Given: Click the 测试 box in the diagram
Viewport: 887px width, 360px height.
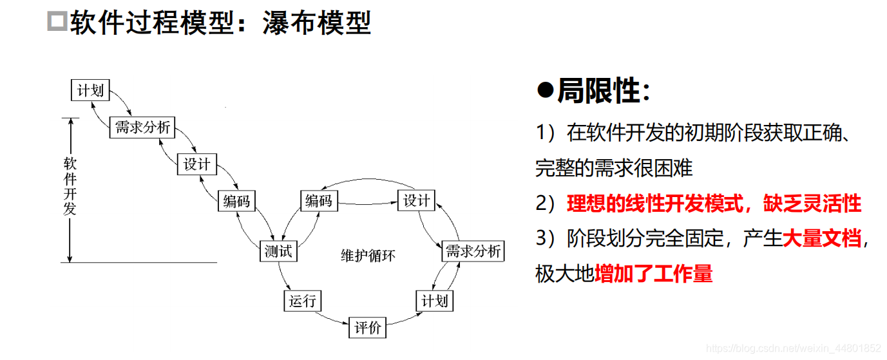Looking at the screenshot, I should tap(278, 251).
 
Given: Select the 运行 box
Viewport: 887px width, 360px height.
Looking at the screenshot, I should tap(302, 300).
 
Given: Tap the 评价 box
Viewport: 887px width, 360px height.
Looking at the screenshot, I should tap(368, 328).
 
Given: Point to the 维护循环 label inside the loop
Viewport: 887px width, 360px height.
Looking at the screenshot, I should tap(368, 256).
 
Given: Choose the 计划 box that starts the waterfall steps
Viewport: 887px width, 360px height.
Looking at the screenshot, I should tap(90, 90).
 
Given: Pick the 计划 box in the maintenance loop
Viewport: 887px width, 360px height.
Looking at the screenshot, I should tap(434, 300).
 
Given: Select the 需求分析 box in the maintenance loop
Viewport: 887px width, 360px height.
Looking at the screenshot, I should tap(473, 251).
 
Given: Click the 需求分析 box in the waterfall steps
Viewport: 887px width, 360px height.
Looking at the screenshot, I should tap(142, 127).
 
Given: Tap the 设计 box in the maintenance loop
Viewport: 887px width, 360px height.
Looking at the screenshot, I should tap(416, 201).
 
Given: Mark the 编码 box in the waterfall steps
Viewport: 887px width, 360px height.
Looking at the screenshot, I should tap(236, 201).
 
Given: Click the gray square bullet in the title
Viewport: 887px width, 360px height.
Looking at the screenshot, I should tap(57, 22).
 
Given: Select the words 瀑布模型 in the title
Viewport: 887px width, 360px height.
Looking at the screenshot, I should tap(317, 23).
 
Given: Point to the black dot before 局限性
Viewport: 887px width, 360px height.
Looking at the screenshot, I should tap(545, 91).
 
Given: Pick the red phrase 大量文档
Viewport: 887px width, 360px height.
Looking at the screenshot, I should tap(822, 239).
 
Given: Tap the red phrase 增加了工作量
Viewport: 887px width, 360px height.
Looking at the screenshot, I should tap(653, 274).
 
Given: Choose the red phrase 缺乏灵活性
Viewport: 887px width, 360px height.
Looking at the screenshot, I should tap(812, 204).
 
